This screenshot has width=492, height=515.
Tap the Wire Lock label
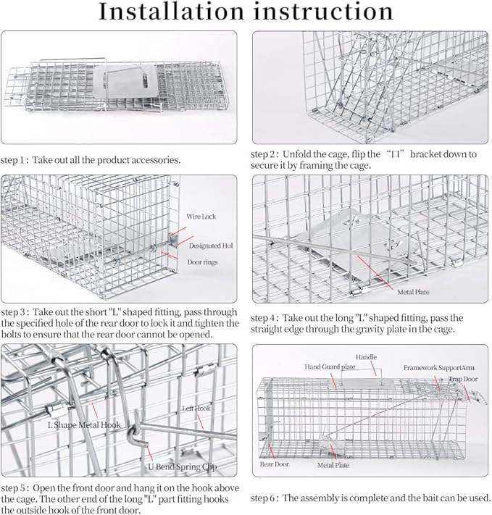[x=201, y=217]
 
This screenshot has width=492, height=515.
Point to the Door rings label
[x=204, y=262]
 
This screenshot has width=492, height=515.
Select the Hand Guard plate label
[x=330, y=367]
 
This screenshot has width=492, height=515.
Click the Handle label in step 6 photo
[x=366, y=357]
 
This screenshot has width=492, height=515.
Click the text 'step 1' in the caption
[x=14, y=159]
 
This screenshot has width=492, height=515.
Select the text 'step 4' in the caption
[x=265, y=318]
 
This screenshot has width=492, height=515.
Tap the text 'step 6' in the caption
[x=265, y=498]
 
